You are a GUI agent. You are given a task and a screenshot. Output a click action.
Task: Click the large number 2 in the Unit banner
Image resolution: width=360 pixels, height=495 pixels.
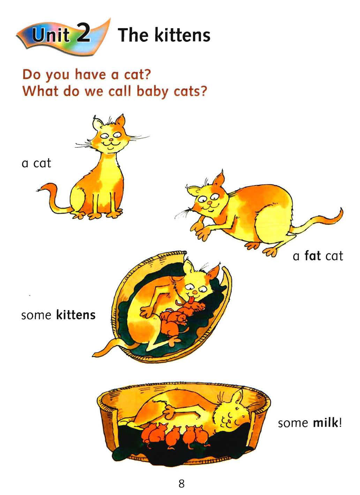[x=83, y=33]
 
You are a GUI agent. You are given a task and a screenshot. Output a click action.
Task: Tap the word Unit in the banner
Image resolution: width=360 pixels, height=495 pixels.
[x=51, y=35]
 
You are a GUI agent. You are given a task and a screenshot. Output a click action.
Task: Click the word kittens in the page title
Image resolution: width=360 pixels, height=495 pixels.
[x=182, y=35]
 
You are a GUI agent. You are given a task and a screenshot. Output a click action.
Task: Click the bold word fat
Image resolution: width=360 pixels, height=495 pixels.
[x=313, y=256]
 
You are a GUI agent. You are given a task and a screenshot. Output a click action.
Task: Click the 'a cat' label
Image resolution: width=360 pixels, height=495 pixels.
[x=37, y=164]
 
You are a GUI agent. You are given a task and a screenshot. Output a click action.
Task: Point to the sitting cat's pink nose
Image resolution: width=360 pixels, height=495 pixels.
[x=111, y=140]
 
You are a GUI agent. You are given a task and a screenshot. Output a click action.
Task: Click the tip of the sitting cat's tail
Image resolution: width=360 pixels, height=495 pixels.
[x=38, y=190]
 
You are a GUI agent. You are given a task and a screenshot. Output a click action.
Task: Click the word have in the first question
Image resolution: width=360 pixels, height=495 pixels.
[x=90, y=75]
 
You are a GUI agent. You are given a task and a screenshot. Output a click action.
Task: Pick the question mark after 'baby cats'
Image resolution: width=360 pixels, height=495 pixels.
[x=202, y=91]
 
